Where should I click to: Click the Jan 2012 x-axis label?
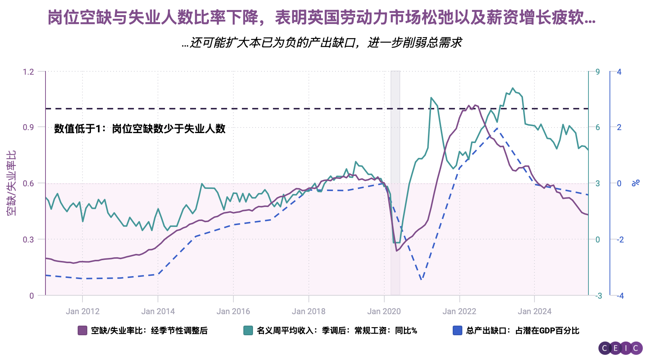pyautogui.click(x=82, y=311)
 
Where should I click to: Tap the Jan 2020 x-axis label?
pyautogui.click(x=384, y=311)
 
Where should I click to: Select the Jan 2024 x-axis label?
pyautogui.click(x=534, y=311)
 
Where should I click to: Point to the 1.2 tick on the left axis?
pyautogui.click(x=28, y=72)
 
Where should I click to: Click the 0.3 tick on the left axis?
pyautogui.click(x=28, y=240)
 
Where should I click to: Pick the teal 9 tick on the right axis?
pyautogui.click(x=598, y=72)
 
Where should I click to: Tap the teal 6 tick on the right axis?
pyautogui.click(x=598, y=128)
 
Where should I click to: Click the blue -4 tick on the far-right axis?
pyautogui.click(x=620, y=296)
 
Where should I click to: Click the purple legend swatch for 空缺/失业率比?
pyautogui.click(x=82, y=330)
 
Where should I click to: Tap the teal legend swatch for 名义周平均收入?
pyautogui.click(x=248, y=330)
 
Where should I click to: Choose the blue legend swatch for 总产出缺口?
pyautogui.click(x=457, y=330)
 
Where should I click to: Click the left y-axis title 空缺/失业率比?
pyautogui.click(x=11, y=183)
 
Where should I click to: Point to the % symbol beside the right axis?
pyautogui.click(x=636, y=183)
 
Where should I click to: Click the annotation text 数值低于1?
pyautogui.click(x=139, y=129)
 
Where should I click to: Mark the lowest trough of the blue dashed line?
pyautogui.click(x=422, y=280)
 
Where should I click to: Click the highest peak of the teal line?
pyautogui.click(x=512, y=88)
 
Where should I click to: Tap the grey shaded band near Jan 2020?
pyautogui.click(x=395, y=183)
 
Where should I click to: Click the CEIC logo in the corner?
pyautogui.click(x=620, y=348)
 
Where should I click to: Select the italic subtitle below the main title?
pyautogui.click(x=322, y=43)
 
